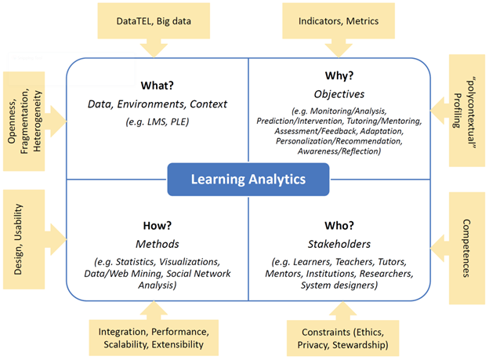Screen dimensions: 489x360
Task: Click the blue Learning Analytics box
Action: [248, 180]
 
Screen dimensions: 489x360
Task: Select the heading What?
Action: [158, 85]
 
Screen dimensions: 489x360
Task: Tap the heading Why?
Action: [339, 75]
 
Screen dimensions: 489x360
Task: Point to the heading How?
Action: [158, 225]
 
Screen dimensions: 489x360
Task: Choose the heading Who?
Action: [339, 225]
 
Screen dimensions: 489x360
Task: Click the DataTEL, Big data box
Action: [154, 21]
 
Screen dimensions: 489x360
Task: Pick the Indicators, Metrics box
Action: [339, 21]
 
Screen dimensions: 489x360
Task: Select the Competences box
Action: [467, 248]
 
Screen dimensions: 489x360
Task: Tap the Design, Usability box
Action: [24, 239]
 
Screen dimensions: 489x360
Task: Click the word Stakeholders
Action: [339, 244]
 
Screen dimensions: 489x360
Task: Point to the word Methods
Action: [158, 244]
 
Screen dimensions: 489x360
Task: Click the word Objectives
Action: [339, 94]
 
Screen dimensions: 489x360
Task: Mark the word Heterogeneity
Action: [37, 121]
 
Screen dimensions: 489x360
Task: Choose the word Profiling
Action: [457, 111]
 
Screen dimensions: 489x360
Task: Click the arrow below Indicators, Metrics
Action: [339, 48]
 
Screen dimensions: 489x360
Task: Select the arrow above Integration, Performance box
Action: [154, 311]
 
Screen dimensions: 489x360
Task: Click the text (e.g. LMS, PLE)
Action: [158, 122]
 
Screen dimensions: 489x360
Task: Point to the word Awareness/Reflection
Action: [339, 151]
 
